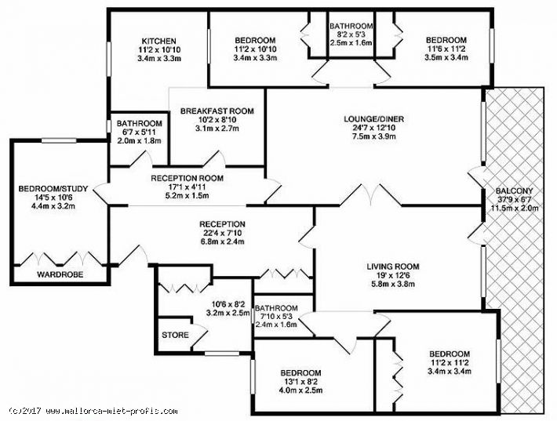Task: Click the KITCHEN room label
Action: click(158, 42)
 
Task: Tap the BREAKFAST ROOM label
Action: click(217, 111)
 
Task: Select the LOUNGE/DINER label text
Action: click(373, 118)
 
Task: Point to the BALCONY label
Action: click(515, 191)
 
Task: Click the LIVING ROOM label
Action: click(393, 267)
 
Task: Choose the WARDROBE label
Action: click(60, 274)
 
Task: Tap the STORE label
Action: click(175, 335)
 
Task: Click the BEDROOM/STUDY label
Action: click(53, 188)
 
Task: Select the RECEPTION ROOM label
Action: click(187, 178)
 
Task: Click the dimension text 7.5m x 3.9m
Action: click(373, 136)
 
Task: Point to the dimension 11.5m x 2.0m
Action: click(515, 208)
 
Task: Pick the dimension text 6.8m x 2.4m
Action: click(222, 242)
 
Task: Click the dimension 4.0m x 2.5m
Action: click(300, 390)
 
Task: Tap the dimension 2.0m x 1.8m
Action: click(140, 140)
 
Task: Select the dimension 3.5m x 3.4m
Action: click(446, 57)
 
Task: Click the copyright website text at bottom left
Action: click(94, 412)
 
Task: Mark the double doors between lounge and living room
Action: click(371, 195)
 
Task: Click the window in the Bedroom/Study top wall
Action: click(59, 141)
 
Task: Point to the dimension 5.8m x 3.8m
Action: click(393, 284)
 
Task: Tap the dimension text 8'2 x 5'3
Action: click(351, 34)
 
